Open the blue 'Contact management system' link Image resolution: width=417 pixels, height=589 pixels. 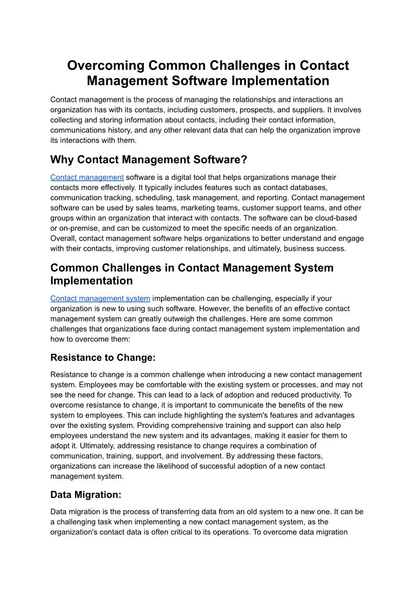100,298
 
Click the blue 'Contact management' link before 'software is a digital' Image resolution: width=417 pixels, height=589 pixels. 87,177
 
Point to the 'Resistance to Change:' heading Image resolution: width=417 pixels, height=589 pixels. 103,358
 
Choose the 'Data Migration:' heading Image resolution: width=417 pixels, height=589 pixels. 86,495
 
